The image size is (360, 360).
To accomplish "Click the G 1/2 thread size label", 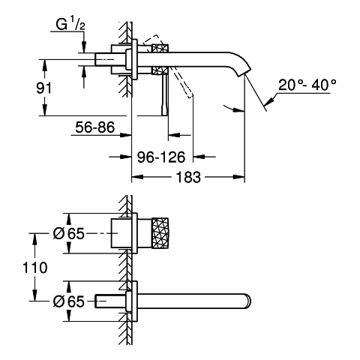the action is pyautogui.click(x=70, y=25).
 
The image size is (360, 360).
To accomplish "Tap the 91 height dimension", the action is pyautogui.click(x=43, y=88).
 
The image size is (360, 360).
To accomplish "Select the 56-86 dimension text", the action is pyautogui.click(x=95, y=127).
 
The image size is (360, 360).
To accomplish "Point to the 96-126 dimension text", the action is pyautogui.click(x=161, y=157).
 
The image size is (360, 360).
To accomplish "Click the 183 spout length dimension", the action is pyautogui.click(x=188, y=177).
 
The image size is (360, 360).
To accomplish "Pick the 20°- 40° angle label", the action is pyautogui.click(x=307, y=85).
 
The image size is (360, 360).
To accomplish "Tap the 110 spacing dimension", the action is pyautogui.click(x=35, y=268).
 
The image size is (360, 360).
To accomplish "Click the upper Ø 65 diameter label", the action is pyautogui.click(x=69, y=234).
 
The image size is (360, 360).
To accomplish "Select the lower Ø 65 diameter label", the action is pyautogui.click(x=69, y=301).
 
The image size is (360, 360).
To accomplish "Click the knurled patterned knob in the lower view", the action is pyautogui.click(x=160, y=233).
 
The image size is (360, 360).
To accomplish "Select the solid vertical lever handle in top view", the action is pyautogui.click(x=164, y=95).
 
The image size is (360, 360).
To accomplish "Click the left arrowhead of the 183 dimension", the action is pyautogui.click(x=137, y=177).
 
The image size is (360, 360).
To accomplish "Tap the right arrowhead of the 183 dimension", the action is pyautogui.click(x=238, y=177).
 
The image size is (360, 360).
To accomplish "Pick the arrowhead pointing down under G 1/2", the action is pyautogui.click(x=84, y=46).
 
